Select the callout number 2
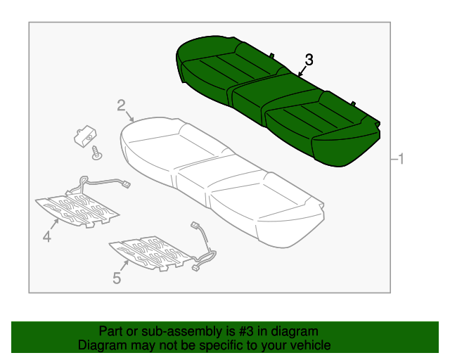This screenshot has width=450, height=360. point(121,105)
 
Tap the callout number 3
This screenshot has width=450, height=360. point(309,60)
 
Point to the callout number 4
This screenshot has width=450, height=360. point(46,238)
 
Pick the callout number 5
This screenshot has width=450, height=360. point(117,278)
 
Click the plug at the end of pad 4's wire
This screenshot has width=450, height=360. point(127,185)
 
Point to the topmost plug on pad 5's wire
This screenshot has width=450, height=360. point(194,226)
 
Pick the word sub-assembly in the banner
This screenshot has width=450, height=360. point(174,331)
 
